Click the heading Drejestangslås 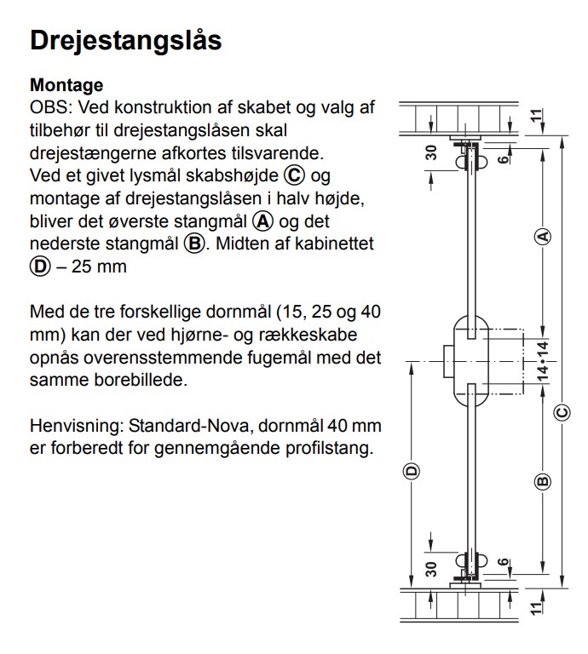125,40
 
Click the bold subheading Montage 66,85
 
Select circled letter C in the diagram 563,413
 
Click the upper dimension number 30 431,153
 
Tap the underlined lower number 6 504,563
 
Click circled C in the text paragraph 294,176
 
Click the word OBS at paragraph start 47,108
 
